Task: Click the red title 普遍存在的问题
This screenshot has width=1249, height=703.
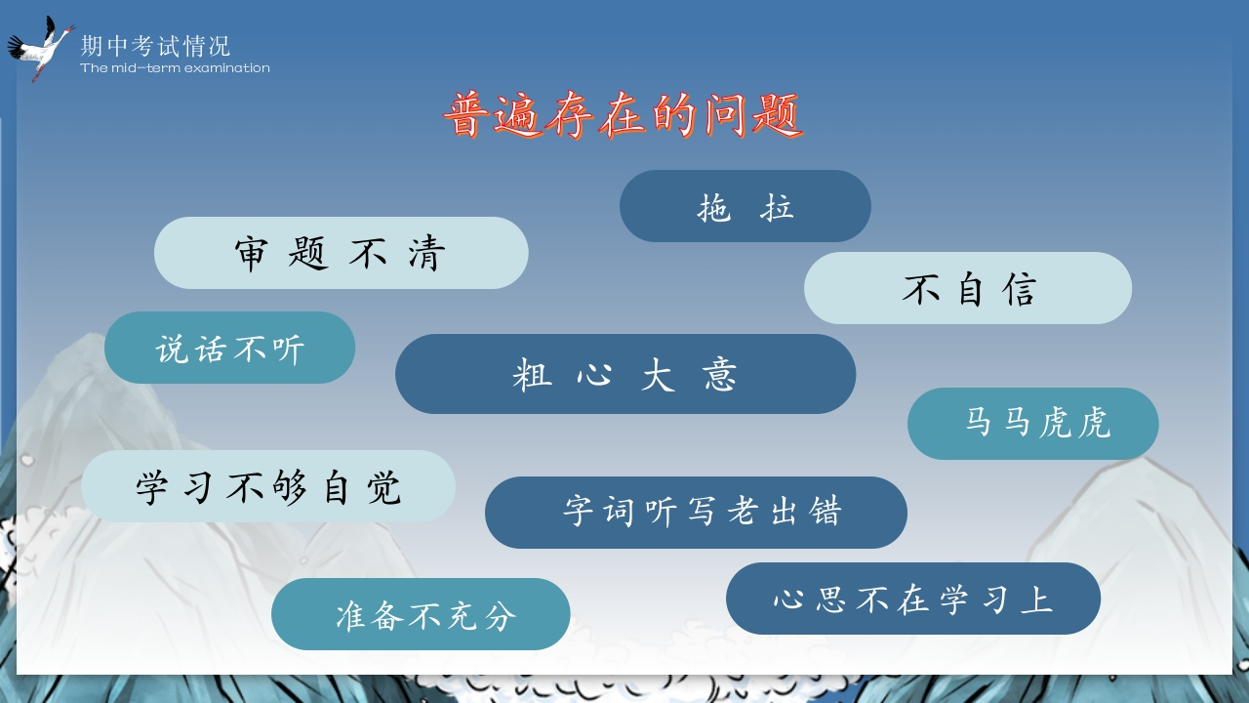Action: point(624,115)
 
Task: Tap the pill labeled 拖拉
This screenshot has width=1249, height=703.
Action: point(745,206)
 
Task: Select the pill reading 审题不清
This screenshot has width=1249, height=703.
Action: point(342,253)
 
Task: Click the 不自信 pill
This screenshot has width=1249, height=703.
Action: point(967,288)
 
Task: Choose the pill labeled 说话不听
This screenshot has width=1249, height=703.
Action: point(229,348)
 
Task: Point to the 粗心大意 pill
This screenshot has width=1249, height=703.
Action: point(625,374)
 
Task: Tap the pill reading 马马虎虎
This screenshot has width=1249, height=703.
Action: point(1032,424)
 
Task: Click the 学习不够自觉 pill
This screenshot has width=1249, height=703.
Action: point(268,486)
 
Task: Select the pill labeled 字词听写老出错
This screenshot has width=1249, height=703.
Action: point(696,513)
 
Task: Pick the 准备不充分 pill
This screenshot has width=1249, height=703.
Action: point(421,614)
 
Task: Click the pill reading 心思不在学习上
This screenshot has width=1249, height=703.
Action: point(913,599)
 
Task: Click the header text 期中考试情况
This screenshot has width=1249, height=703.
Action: point(155,46)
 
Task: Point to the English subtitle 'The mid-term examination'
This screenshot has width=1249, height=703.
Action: point(175,68)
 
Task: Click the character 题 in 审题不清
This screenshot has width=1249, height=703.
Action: point(308,253)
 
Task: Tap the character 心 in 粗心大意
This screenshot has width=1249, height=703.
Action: point(594,374)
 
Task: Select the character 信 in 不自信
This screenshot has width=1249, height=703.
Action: point(1020,290)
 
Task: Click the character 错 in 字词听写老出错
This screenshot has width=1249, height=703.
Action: point(826,511)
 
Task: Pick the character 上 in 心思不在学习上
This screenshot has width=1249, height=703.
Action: point(1037,600)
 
